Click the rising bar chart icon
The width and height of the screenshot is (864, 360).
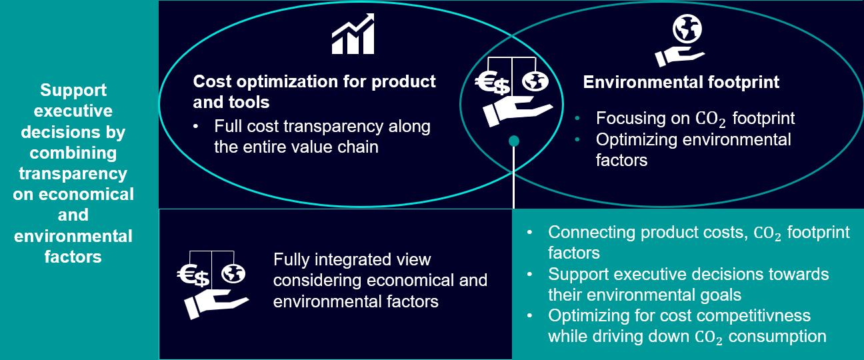[x=353, y=34]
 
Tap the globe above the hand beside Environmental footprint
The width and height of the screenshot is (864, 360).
[x=687, y=29]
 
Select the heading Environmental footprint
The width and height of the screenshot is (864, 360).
[x=681, y=82]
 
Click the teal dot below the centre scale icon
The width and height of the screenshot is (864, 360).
[x=514, y=141]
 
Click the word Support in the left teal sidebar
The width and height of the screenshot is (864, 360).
[x=73, y=90]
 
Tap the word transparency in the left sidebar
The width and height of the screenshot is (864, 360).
[x=73, y=173]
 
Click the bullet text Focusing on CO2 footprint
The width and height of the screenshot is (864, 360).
[x=695, y=119]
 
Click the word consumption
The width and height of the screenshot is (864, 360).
[x=777, y=337]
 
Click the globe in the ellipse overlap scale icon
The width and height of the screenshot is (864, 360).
[x=535, y=81]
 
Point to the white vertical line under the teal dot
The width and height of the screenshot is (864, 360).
[x=514, y=177]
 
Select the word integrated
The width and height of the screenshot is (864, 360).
[x=352, y=260]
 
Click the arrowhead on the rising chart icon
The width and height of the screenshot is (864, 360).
[x=369, y=18]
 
